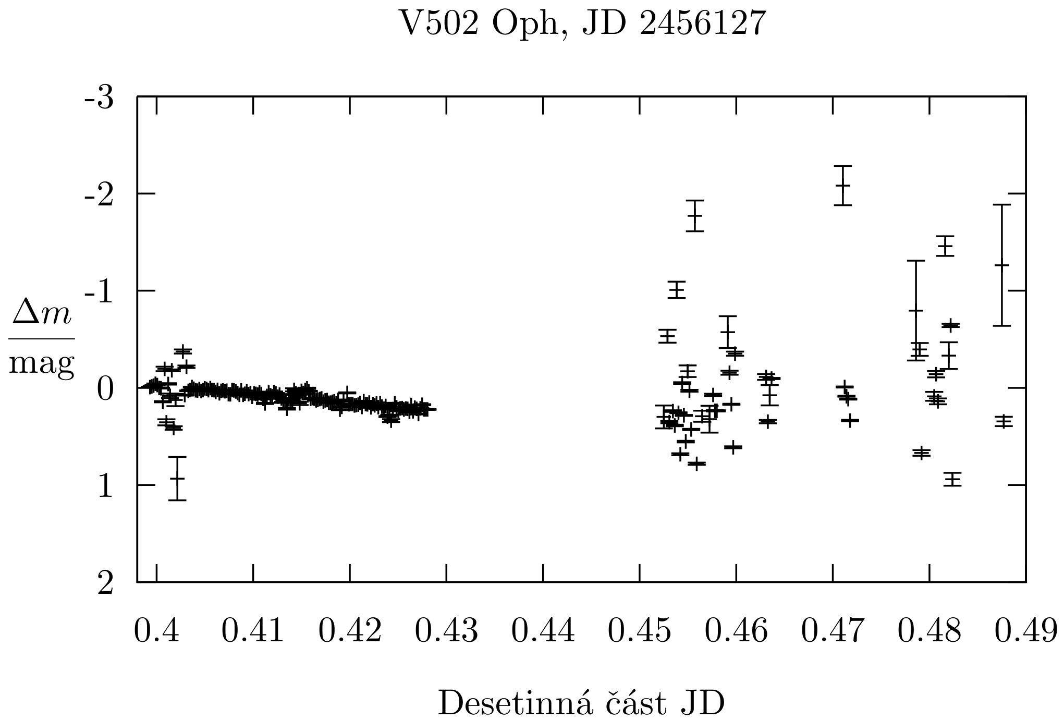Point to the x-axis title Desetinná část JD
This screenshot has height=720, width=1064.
tap(581, 703)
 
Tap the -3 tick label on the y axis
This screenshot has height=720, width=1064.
tap(99, 98)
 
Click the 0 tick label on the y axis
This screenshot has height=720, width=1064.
tap(105, 389)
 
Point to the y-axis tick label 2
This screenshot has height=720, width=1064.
tap(105, 583)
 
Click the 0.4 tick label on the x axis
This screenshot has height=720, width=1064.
tap(156, 631)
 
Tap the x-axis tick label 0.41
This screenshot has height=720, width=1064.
tap(253, 631)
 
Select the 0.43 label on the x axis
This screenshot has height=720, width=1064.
tap(446, 631)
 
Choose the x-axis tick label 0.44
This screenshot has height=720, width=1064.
tap(543, 631)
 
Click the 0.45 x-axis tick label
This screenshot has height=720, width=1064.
tap(639, 631)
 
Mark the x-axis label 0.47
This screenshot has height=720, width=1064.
tap(833, 631)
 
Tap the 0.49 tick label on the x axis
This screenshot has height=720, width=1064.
tap(1025, 631)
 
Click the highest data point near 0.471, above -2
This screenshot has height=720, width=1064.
tap(842, 185)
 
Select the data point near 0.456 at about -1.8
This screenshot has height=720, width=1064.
tap(694, 215)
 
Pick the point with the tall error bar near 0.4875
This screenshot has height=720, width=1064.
tap(1001, 265)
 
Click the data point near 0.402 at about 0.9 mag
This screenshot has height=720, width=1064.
tap(177, 478)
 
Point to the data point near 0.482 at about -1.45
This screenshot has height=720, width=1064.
tap(945, 246)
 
